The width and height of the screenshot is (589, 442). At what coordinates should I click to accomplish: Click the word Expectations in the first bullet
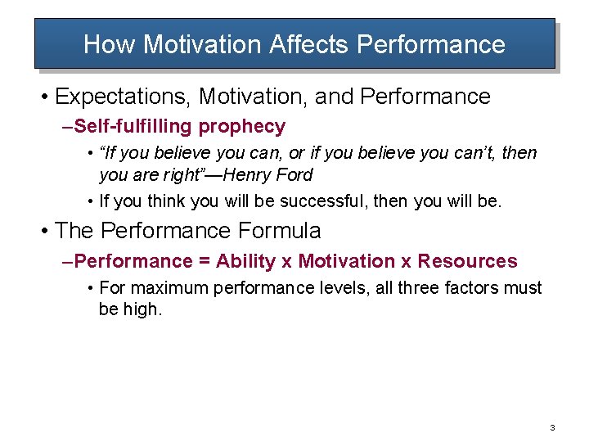pyautogui.click(x=123, y=97)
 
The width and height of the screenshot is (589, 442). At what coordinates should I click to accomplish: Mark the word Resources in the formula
pyautogui.click(x=467, y=261)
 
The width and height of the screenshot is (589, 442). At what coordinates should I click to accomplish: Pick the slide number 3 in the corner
pyautogui.click(x=553, y=428)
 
